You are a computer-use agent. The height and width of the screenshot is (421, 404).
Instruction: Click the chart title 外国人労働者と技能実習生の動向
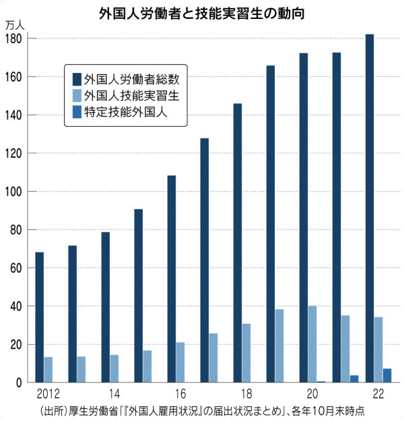[203, 11]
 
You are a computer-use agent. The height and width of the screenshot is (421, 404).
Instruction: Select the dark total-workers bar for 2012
[40, 317]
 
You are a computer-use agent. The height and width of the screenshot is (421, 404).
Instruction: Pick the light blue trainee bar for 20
[312, 344]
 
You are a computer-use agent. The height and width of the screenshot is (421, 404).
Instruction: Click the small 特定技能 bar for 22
[387, 376]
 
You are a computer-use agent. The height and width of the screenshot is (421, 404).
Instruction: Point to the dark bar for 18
[238, 243]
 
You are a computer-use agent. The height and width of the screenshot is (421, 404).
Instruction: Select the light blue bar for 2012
[48, 370]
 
